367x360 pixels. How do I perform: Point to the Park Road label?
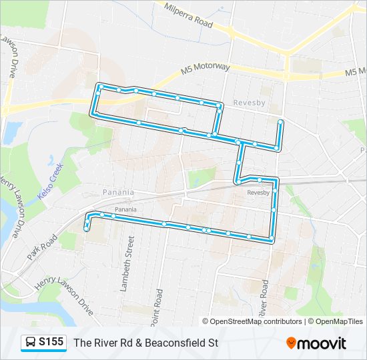pos(39,249)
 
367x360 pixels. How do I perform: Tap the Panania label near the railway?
pos(118,192)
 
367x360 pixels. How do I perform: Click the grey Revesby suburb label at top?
pos(250,103)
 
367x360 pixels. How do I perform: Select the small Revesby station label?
pos(258,192)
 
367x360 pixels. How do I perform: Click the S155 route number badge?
pos(51,342)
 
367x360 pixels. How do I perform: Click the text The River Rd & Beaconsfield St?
pos(146,343)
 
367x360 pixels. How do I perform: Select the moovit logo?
pos(316,343)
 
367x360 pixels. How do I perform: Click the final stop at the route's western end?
pos(87,229)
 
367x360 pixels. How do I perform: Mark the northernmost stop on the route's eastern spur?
pos(281,123)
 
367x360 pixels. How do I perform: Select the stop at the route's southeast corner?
pos(271,239)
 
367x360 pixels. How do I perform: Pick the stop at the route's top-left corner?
pos(100,87)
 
